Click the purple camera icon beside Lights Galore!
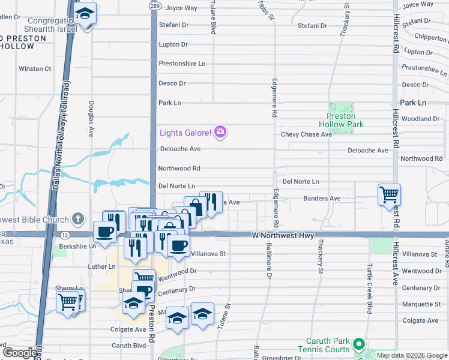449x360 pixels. coord(220,132)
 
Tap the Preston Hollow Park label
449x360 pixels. coord(345,120)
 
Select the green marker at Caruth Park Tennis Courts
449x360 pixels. coord(359,344)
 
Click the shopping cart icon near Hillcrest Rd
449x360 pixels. coord(389,194)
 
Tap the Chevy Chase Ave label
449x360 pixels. coord(306,134)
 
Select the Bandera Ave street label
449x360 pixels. coord(322,198)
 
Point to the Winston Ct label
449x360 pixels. coord(35,69)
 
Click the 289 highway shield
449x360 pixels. coord(154,5)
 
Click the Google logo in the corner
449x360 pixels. coord(20,353)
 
